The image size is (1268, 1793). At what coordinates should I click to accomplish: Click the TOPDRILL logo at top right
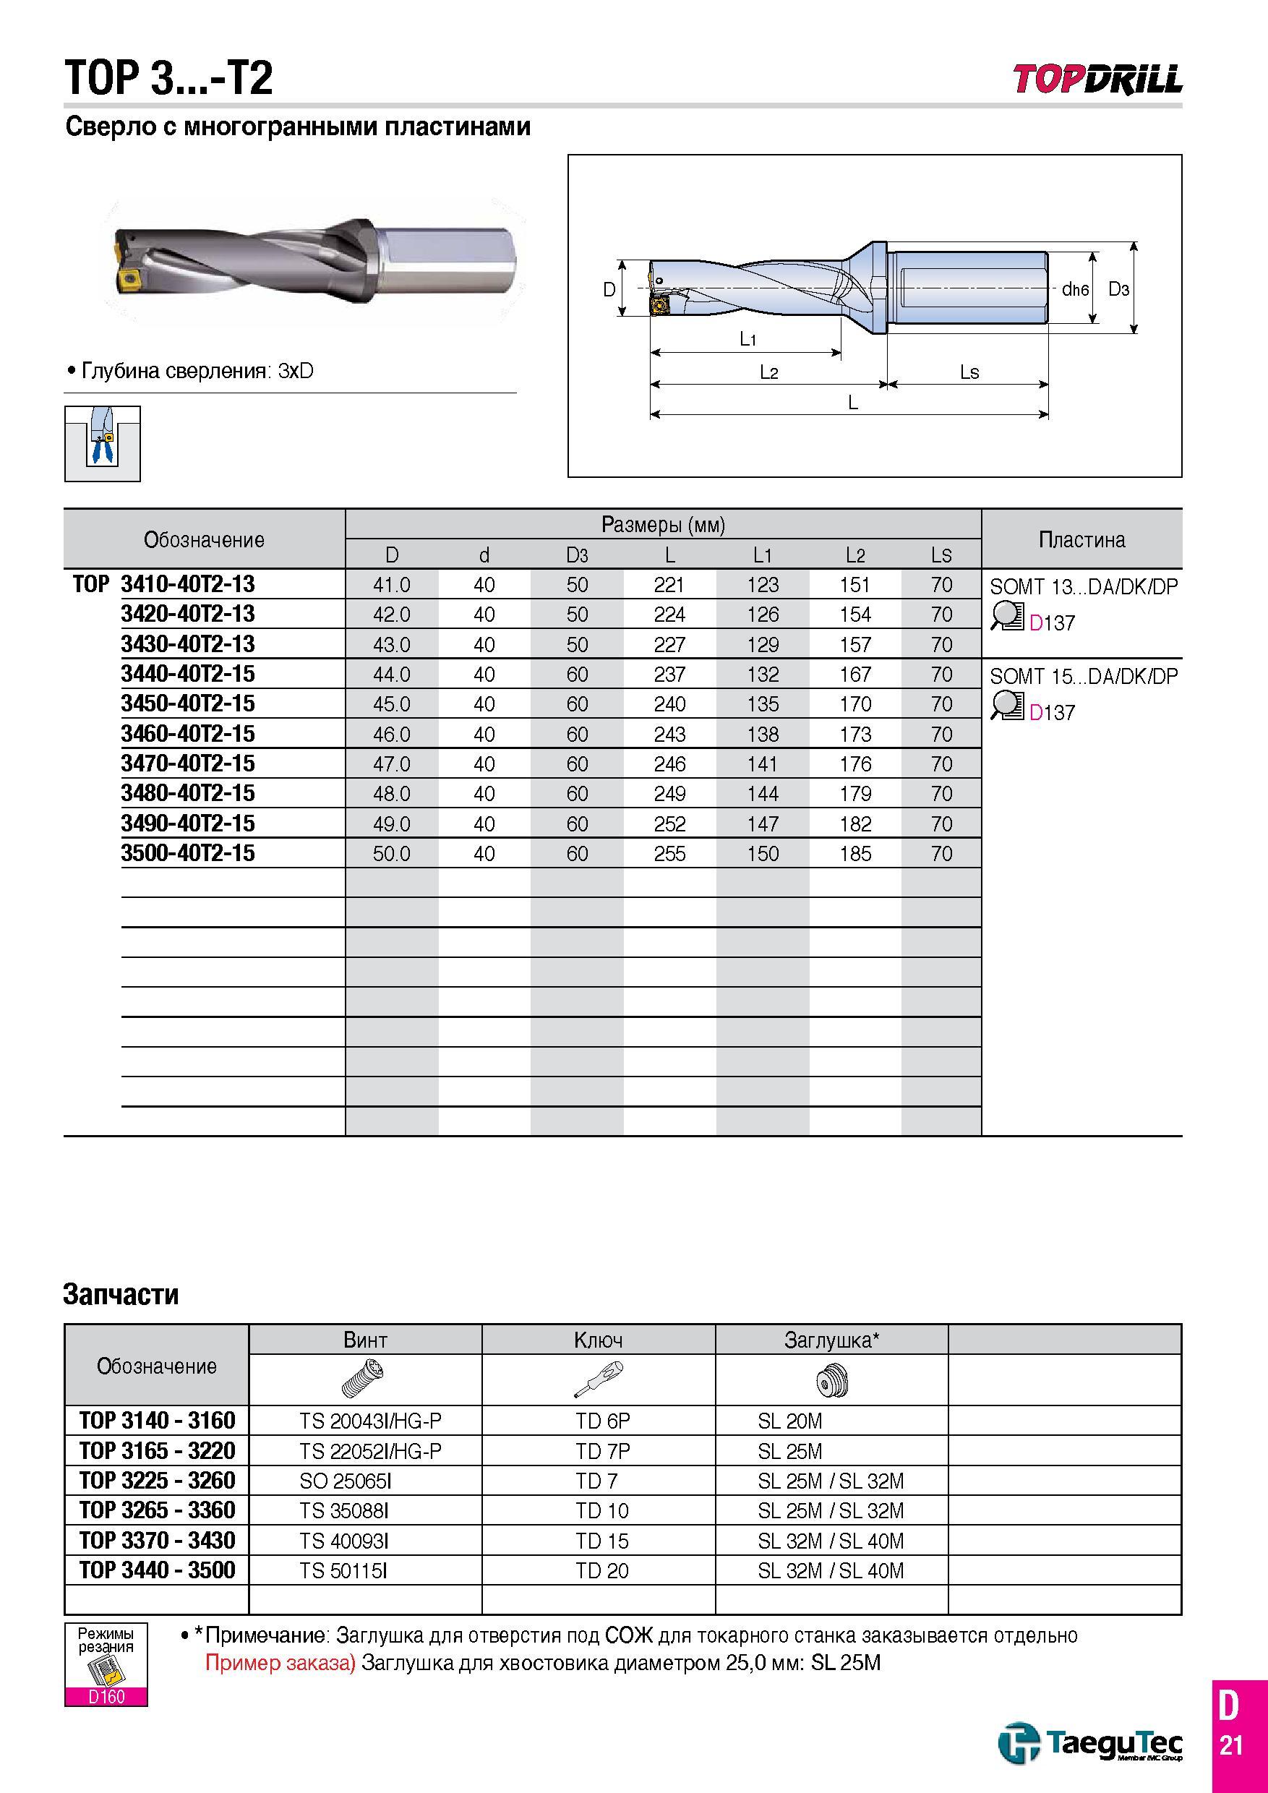(1098, 79)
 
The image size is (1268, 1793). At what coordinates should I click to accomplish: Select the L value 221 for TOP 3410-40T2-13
(669, 585)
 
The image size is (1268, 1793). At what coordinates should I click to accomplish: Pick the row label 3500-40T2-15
(188, 853)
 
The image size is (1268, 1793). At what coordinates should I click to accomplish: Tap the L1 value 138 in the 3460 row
(762, 734)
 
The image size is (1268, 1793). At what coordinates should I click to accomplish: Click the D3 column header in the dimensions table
(577, 555)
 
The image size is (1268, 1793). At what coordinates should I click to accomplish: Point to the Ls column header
(942, 555)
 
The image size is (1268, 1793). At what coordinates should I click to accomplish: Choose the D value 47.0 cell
(392, 763)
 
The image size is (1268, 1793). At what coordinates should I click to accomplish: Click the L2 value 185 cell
(855, 854)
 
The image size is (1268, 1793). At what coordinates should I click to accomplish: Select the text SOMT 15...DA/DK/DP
(1084, 676)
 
